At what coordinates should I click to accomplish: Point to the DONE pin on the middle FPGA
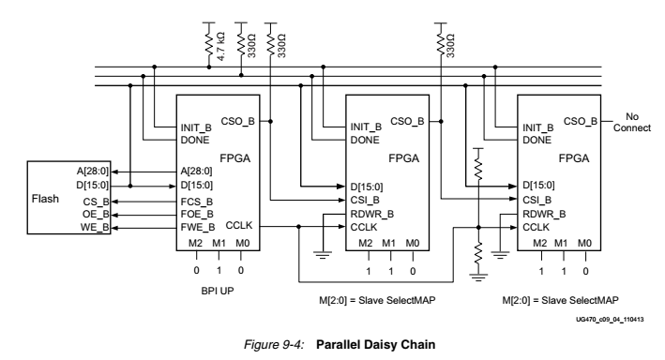(x=364, y=140)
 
